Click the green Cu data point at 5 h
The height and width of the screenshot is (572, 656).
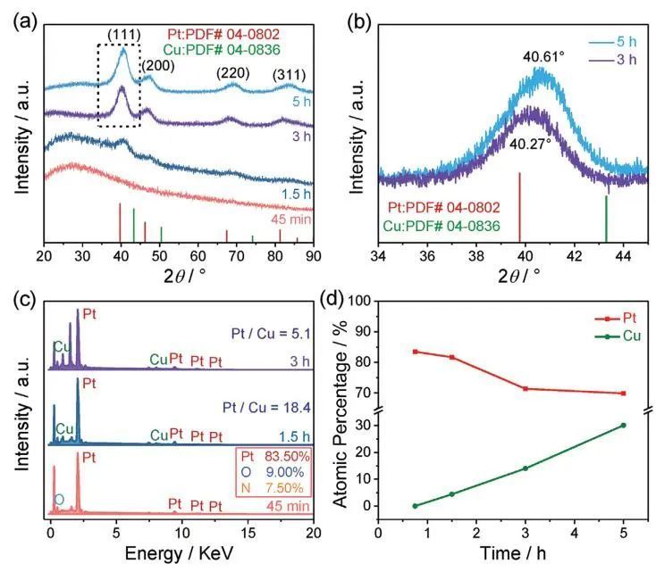click(623, 425)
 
